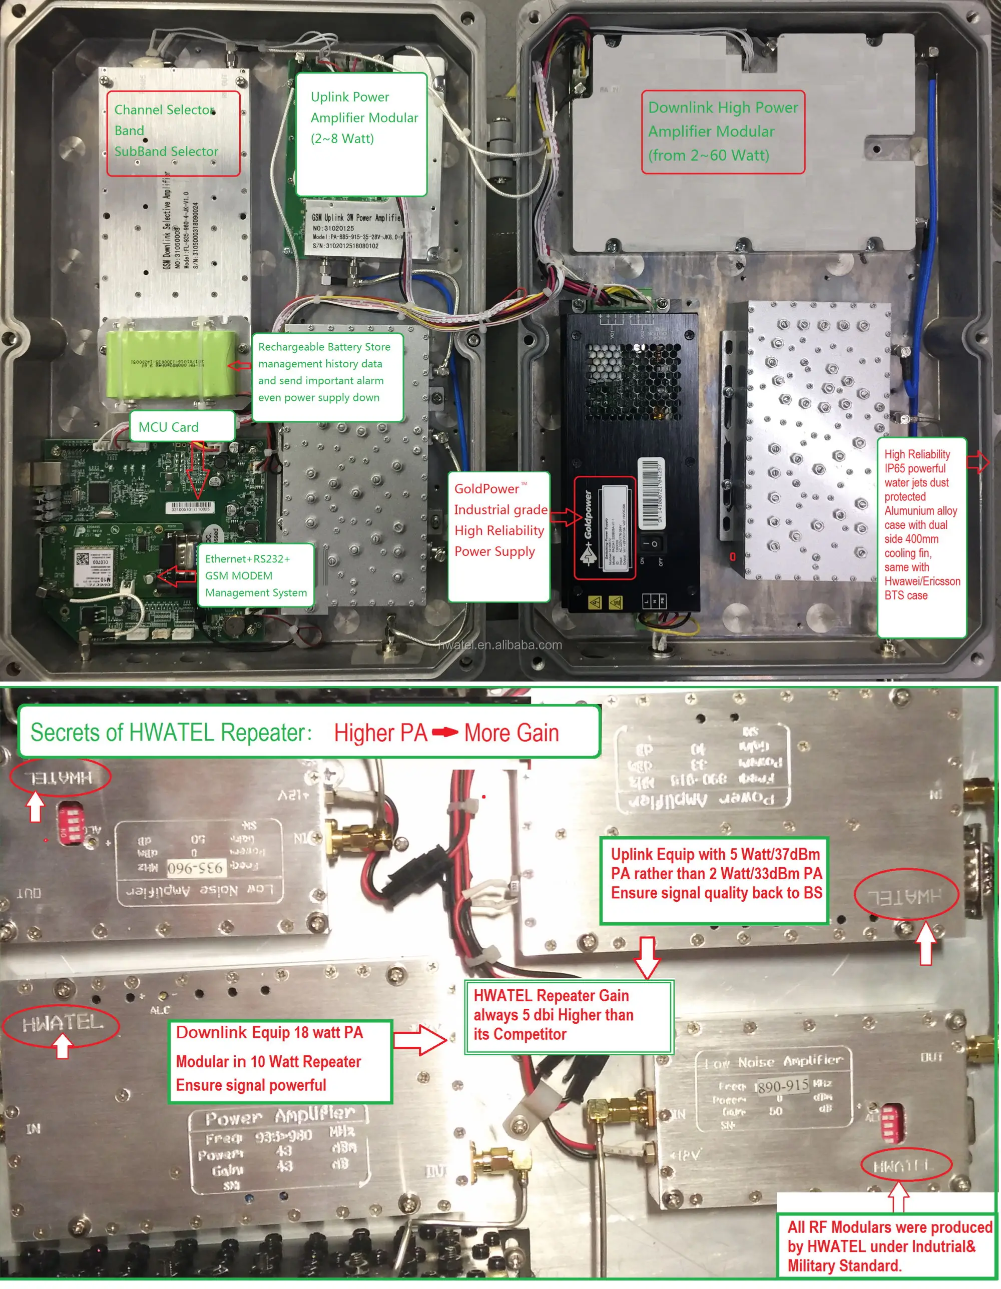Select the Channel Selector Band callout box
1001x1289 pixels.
pyautogui.click(x=173, y=133)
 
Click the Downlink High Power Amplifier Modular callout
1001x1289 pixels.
pyautogui.click(x=723, y=132)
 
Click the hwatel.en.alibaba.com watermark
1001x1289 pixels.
pyautogui.click(x=500, y=645)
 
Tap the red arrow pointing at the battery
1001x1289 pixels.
pyautogui.click(x=239, y=366)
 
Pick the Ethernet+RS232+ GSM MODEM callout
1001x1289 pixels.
pyautogui.click(x=256, y=575)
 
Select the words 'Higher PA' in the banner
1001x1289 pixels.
pyautogui.click(x=381, y=733)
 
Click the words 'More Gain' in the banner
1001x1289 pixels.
pyautogui.click(x=511, y=733)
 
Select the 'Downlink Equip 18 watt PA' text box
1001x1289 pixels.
pyautogui.click(x=280, y=1061)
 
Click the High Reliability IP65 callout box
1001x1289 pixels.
pyautogui.click(x=921, y=537)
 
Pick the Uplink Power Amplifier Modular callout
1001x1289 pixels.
pyautogui.click(x=361, y=134)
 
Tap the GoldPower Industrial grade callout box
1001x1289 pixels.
pyautogui.click(x=498, y=536)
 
